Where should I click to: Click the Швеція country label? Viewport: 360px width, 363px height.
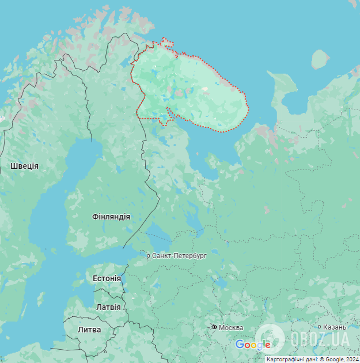(x=24, y=166)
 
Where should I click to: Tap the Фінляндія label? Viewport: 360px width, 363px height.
(x=111, y=217)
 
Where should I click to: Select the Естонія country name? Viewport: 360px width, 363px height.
(x=107, y=278)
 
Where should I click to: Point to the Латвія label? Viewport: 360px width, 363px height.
(x=108, y=307)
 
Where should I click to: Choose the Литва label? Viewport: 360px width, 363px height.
(x=89, y=330)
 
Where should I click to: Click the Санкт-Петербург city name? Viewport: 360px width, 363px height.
(x=179, y=255)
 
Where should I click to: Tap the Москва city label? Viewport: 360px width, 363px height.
(x=231, y=328)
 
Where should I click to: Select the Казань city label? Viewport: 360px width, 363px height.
(x=335, y=327)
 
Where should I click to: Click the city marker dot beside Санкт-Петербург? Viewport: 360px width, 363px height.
(x=148, y=256)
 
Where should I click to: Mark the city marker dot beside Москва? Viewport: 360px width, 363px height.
(x=214, y=327)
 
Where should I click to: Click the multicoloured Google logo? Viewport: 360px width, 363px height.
(x=253, y=345)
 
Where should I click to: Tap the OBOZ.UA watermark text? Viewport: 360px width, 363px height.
(x=320, y=338)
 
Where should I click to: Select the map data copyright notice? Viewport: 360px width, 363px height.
(x=312, y=359)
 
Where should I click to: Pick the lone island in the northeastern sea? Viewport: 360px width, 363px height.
(x=320, y=59)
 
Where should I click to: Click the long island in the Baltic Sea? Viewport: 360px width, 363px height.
(x=41, y=299)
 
